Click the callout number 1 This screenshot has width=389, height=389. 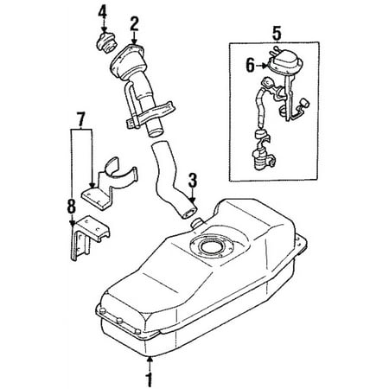pos(149,380)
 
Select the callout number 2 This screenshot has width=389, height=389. pos(134,23)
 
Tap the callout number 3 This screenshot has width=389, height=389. pos(193,181)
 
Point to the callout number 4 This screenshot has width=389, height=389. pos(103,13)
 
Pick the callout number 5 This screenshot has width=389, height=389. pos(277,34)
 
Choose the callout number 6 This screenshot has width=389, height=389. pos(250,66)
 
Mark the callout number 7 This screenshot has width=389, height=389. pos(81,120)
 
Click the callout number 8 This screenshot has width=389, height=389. pos(72,207)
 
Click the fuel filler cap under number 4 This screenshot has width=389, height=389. pos(105,42)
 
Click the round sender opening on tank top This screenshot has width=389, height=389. pos(211,246)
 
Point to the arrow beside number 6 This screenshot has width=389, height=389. pos(263,66)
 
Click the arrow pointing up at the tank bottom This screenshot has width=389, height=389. pos(150,365)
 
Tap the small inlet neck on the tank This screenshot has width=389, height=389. pos(196,223)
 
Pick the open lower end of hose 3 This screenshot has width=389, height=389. pos(188,213)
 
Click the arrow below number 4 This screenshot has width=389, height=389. pos(104,27)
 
